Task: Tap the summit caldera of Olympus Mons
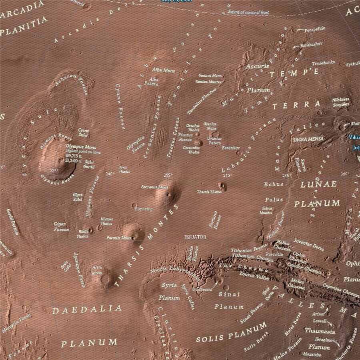[x=61, y=161]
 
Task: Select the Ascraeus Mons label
[x=154, y=187]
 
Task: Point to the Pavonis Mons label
[x=119, y=238]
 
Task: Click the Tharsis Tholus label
[x=209, y=192]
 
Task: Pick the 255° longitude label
[x=168, y=175]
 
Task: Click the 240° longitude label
[x=110, y=174]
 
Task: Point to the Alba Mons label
[x=164, y=70]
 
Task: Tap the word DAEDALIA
[x=87, y=309]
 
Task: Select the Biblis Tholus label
[x=82, y=234]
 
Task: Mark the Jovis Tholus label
[x=124, y=169]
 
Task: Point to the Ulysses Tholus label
[x=106, y=222]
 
